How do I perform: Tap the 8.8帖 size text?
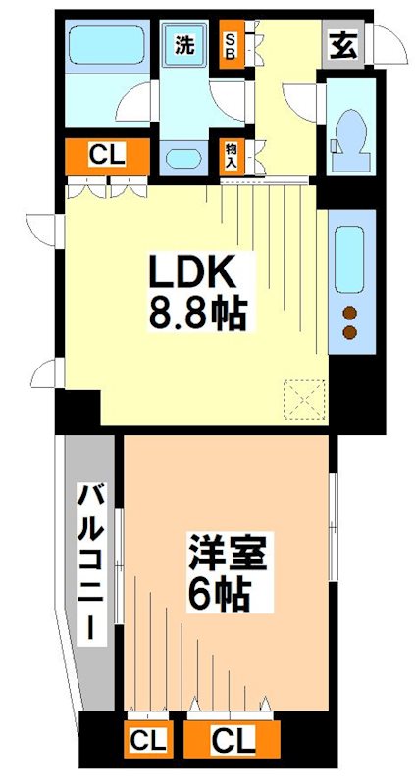click(x=196, y=314)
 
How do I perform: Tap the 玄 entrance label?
click(x=342, y=45)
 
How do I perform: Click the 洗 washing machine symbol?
click(x=185, y=45)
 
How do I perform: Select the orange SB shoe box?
click(x=232, y=44)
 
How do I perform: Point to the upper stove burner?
click(x=349, y=314)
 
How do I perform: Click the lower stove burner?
click(x=349, y=334)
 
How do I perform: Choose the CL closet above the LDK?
click(x=107, y=155)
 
